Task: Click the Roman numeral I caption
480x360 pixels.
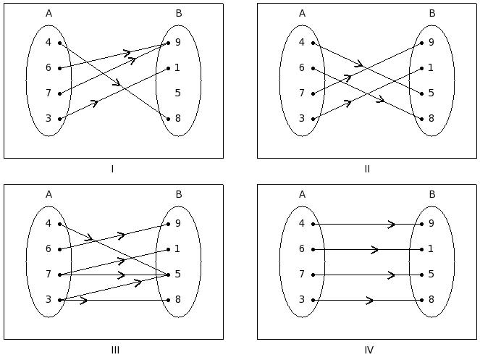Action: (112, 169)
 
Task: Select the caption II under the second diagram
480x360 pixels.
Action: (367, 169)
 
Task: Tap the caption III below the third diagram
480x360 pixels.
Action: (115, 351)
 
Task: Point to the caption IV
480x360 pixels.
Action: (369, 351)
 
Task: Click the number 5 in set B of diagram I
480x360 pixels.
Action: (178, 93)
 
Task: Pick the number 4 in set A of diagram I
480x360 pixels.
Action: (49, 43)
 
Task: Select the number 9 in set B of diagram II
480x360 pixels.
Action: (431, 43)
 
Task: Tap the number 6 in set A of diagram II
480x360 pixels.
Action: (302, 68)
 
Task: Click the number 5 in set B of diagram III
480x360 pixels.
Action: (178, 275)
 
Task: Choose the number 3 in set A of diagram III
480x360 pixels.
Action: (49, 300)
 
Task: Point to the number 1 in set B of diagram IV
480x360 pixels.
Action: (431, 249)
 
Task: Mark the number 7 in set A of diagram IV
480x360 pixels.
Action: (302, 275)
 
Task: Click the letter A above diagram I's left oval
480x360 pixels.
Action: (49, 13)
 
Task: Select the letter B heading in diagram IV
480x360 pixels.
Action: (431, 194)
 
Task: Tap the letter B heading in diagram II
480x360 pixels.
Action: (431, 13)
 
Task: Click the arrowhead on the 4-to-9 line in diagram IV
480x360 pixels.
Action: (392, 224)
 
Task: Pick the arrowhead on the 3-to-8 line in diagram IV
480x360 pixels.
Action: (371, 300)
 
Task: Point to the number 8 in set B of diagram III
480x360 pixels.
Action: (178, 300)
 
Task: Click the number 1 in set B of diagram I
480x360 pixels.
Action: (178, 68)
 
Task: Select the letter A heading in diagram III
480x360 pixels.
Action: (49, 194)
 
